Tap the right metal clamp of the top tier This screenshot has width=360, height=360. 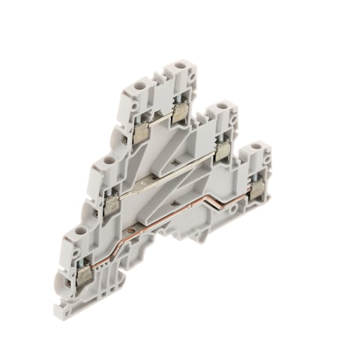180,114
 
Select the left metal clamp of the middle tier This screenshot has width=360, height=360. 111,202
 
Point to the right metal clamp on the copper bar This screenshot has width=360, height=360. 257,192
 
